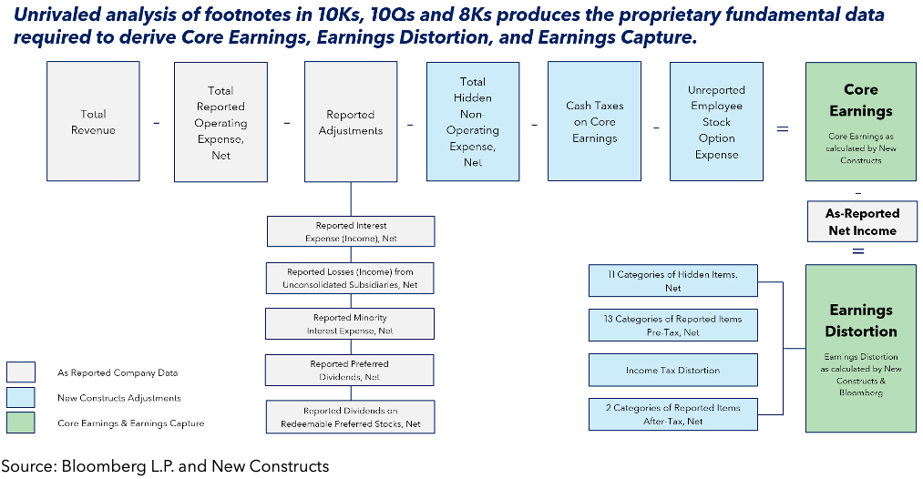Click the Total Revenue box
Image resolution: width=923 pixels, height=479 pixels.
(x=93, y=121)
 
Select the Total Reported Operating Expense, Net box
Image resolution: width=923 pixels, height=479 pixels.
(x=220, y=122)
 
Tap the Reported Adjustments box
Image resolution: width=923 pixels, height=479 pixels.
(x=351, y=122)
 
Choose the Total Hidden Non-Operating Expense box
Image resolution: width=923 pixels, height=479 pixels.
(x=473, y=122)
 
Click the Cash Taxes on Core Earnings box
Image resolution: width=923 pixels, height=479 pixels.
(x=594, y=122)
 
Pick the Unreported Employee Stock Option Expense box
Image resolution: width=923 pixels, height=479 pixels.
(x=716, y=122)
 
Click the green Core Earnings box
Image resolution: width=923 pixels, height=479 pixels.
(x=860, y=121)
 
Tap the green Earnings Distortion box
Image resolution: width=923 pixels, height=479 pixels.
(x=861, y=348)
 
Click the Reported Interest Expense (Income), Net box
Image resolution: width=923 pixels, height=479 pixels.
(x=351, y=231)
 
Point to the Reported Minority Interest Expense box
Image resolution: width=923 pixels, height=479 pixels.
(x=351, y=323)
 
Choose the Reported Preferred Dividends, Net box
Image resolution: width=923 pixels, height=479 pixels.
(x=351, y=370)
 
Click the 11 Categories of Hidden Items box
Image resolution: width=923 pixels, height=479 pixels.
(x=672, y=280)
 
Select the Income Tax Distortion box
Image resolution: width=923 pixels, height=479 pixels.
(x=672, y=370)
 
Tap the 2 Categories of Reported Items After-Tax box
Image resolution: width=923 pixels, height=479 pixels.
(x=672, y=413)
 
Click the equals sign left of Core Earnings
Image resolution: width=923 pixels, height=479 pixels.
(x=782, y=128)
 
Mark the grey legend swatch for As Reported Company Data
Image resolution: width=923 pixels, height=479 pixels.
(x=21, y=372)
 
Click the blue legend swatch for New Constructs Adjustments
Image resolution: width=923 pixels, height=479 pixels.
(x=21, y=397)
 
